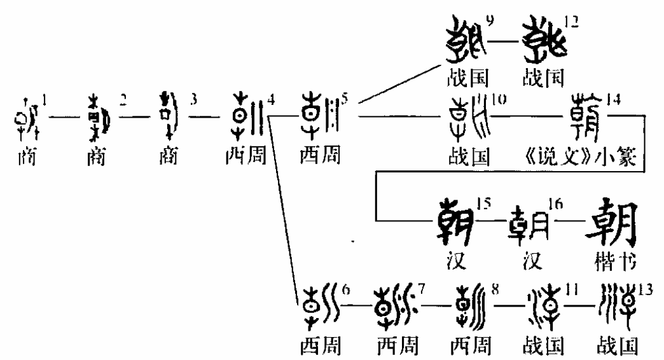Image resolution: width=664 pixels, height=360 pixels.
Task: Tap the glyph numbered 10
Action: (x=468, y=117)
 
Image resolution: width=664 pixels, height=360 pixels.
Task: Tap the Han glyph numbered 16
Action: (x=532, y=226)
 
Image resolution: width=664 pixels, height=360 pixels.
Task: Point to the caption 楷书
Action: (x=611, y=263)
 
